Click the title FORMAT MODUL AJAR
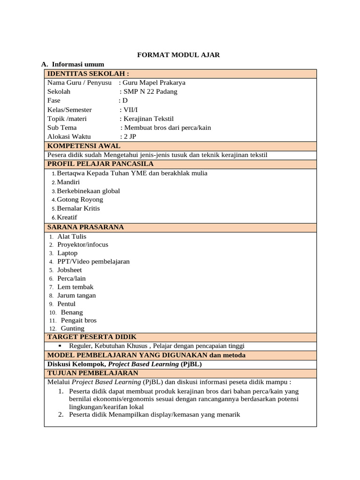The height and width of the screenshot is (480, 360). pos(178,55)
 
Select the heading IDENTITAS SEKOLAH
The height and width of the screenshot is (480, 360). pos(88,74)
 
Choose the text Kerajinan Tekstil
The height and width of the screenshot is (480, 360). pos(148,118)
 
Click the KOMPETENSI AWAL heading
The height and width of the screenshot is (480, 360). pos(84,146)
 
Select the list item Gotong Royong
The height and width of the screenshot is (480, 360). pos(80,200)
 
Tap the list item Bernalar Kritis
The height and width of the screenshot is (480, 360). pos(78,208)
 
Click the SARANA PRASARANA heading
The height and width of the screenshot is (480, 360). pos(86,227)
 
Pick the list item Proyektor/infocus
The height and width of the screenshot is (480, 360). pos(82,245)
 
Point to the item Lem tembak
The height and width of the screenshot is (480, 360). pos(75,287)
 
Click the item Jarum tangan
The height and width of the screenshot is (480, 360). pos(76,295)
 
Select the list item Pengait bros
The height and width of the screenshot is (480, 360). pos(79,320)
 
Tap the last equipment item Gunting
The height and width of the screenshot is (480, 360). pos(73,329)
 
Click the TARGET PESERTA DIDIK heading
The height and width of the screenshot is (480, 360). pos(92,337)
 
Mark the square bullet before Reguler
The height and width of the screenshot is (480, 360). pos(60,346)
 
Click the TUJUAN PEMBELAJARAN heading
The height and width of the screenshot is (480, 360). pos(93,373)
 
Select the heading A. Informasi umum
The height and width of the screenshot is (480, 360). pos(73,64)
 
